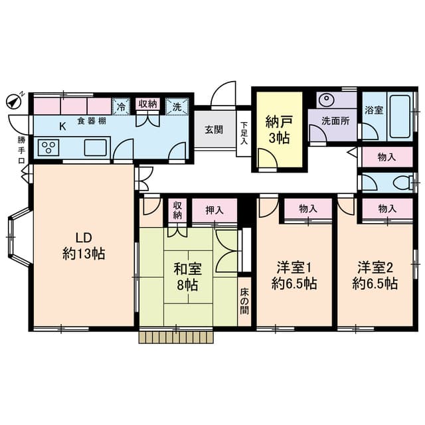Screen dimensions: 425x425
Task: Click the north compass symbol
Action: click(13, 102)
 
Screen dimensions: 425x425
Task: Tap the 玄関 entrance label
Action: click(213, 129)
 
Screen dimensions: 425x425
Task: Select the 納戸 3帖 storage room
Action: click(276, 129)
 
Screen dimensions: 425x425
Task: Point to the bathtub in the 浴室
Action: click(400, 116)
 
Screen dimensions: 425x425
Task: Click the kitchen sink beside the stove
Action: click(96, 147)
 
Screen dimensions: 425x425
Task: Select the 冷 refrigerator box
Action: click(121, 106)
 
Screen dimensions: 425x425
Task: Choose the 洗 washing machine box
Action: click(177, 106)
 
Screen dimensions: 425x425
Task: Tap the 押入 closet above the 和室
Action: click(214, 210)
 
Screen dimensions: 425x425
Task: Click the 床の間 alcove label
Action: click(244, 301)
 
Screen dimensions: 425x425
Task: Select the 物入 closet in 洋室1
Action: click(307, 209)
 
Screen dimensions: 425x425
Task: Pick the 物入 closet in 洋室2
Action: click(387, 209)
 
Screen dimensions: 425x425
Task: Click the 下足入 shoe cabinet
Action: click(244, 132)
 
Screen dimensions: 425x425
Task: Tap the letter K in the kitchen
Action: click(63, 126)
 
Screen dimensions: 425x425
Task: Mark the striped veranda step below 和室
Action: click(177, 337)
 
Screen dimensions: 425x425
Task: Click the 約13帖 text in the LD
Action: click(82, 253)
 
